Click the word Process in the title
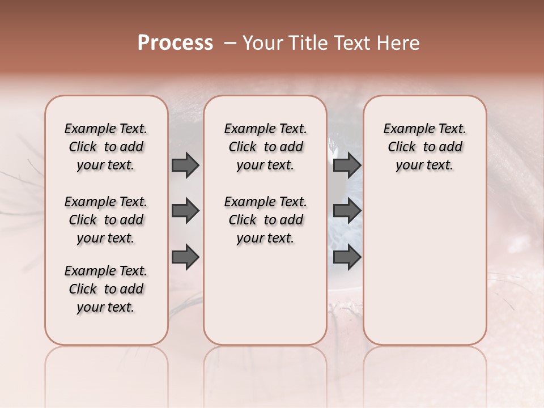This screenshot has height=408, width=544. (x=175, y=42)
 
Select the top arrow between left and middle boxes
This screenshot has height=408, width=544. (x=185, y=165)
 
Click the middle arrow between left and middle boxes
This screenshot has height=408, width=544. (x=185, y=211)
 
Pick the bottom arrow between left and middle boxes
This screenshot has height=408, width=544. (x=185, y=257)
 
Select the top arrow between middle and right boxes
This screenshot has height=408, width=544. (x=347, y=165)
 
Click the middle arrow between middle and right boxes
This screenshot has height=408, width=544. (x=347, y=211)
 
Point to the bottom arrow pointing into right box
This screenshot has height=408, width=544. (x=347, y=257)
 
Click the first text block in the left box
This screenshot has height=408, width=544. (x=106, y=147)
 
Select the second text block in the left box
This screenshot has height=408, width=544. (x=106, y=220)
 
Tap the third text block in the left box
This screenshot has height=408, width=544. (x=106, y=289)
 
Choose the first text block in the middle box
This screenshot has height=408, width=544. (x=265, y=147)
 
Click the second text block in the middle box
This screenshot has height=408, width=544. (x=265, y=220)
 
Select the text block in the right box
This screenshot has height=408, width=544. (x=425, y=147)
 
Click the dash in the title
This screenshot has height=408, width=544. (x=230, y=43)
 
